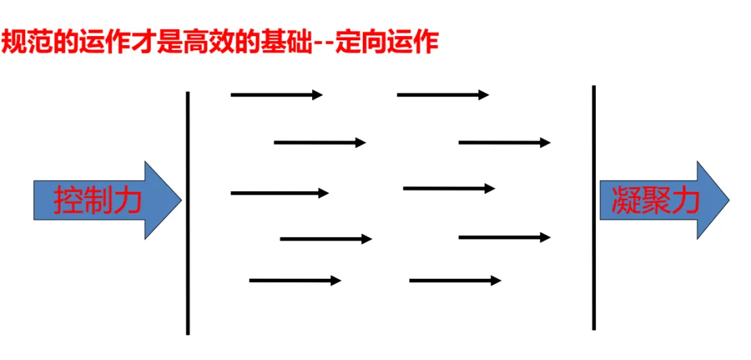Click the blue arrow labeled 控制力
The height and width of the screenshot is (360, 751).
coord(104,201)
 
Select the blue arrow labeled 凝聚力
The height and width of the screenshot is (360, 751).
coord(661,201)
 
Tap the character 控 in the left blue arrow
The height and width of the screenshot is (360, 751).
coord(68,201)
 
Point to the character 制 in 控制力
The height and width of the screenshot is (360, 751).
coord(98,201)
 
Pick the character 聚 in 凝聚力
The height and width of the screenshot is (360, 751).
coord(654,201)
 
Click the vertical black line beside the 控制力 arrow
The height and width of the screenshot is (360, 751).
coord(188,212)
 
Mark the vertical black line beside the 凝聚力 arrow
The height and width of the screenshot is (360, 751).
coord(594,208)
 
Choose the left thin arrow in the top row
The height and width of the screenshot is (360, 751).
coord(276,95)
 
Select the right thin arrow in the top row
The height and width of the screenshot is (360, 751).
coord(442,95)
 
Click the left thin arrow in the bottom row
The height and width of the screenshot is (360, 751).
coord(295,280)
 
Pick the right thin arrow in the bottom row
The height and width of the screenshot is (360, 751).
coord(455,280)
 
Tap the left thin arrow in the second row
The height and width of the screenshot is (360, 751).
coord(319,142)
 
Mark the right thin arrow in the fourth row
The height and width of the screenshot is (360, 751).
coord(504,238)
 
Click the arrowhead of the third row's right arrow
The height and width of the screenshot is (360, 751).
coord(490,188)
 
